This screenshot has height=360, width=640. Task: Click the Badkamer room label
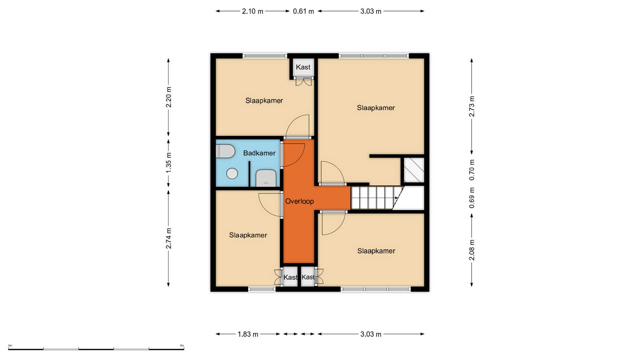[259, 153]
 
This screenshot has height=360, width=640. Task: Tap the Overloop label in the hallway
[299, 201]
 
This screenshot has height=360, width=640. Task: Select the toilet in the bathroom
[225, 151]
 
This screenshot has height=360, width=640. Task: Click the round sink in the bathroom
[232, 173]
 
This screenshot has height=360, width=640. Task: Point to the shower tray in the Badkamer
[266, 178]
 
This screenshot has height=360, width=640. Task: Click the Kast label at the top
[303, 67]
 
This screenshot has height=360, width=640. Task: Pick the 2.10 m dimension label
[253, 11]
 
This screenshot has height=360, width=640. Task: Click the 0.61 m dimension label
[303, 11]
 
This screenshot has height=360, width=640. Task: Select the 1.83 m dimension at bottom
[248, 334]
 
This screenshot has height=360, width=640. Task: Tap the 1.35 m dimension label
[169, 163]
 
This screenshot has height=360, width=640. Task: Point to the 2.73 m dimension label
[472, 106]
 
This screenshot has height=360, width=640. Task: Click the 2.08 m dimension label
[472, 250]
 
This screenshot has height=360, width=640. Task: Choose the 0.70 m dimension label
[472, 170]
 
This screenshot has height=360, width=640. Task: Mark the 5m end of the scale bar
[184, 349]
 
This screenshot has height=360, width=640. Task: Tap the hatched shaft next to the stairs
[414, 170]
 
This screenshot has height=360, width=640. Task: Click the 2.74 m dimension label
[169, 238]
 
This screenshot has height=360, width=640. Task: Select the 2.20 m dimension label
[169, 97]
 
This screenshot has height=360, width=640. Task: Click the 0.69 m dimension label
[472, 198]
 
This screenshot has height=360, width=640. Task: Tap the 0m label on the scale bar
[10, 346]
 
